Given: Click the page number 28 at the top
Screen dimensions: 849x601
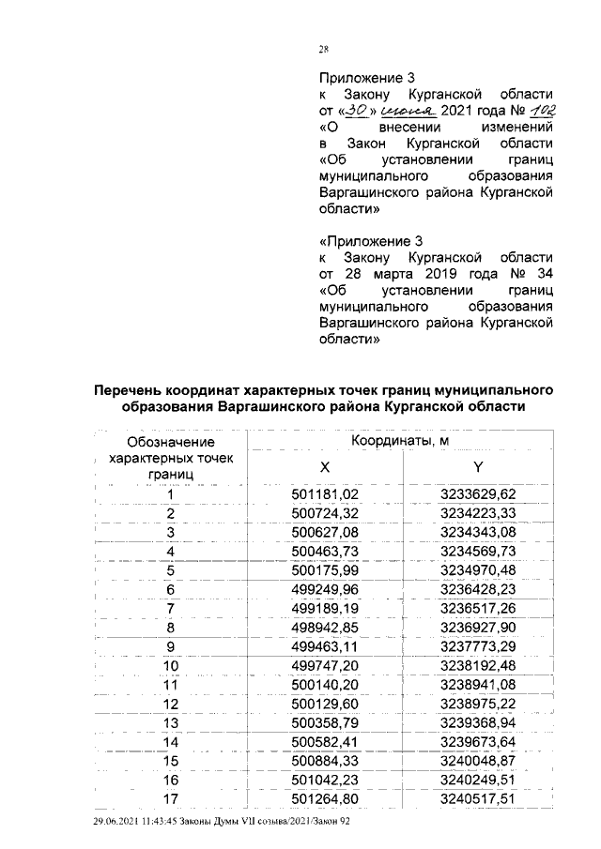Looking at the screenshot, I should click(x=324, y=50).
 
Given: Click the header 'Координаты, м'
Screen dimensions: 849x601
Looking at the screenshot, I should click(x=401, y=440).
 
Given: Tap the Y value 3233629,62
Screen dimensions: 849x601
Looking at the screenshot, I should click(x=479, y=494).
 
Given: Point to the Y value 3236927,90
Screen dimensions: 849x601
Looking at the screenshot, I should click(x=479, y=626).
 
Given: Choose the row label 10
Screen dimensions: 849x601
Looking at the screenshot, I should click(x=171, y=667).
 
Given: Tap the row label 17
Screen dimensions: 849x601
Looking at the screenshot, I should click(x=171, y=798).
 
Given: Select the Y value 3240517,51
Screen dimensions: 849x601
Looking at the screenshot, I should click(x=479, y=798).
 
